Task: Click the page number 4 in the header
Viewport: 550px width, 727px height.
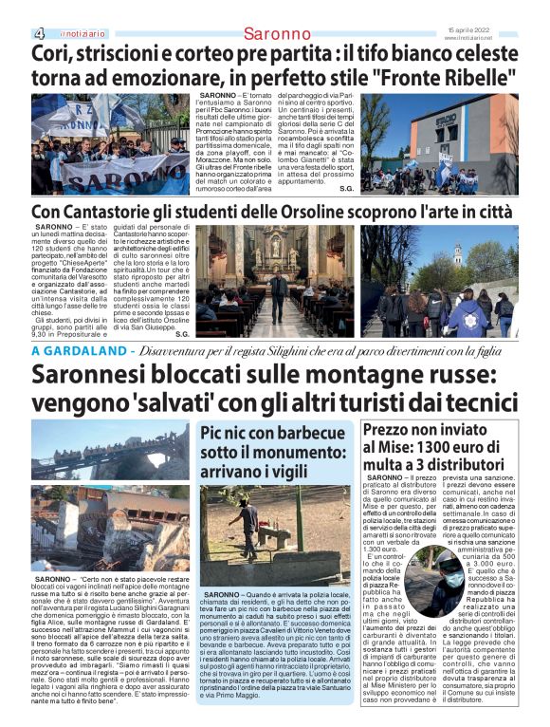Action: [39, 33]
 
